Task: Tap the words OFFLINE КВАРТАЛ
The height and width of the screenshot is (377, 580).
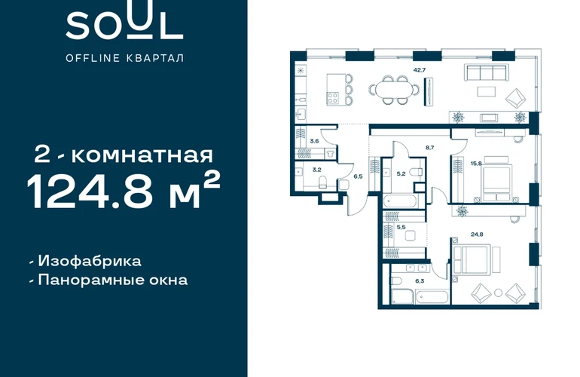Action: point(124,58)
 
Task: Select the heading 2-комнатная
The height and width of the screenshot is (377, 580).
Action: point(124,155)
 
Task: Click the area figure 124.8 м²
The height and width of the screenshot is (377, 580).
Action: point(124,190)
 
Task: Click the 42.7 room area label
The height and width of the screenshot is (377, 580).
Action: point(420,69)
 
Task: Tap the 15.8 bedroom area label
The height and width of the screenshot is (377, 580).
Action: point(476,164)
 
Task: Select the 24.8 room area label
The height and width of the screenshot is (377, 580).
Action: point(477,234)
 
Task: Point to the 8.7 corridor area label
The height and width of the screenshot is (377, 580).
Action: point(429,147)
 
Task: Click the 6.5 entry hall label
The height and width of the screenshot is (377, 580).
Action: point(358,176)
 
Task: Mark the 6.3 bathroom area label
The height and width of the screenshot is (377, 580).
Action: point(420,281)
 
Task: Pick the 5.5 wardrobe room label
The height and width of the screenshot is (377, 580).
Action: point(401,228)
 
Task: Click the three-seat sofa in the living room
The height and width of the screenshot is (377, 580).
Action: point(487,72)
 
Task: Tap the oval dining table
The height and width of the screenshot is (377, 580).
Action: point(394,90)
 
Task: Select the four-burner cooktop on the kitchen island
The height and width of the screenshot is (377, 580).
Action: point(332,98)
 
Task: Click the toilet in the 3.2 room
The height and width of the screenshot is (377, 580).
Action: point(322,182)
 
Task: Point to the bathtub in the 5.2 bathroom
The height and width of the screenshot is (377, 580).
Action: point(400,202)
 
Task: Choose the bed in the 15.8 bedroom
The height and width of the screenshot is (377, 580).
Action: point(497,179)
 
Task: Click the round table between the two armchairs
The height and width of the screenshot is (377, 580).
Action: point(498,293)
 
